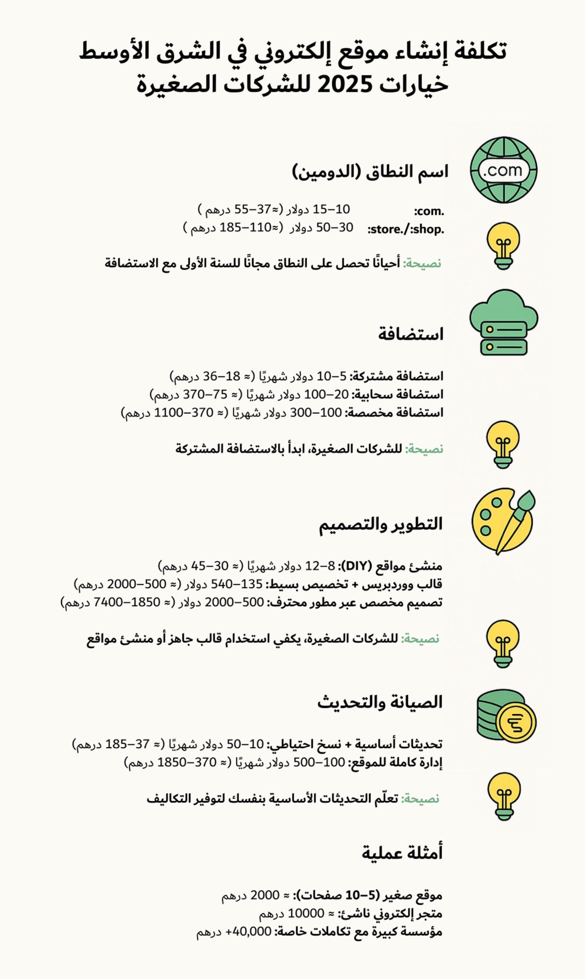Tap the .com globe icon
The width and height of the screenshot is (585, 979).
coord(504,170)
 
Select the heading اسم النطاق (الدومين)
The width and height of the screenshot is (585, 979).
coord(370,172)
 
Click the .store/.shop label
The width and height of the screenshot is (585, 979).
coord(406,229)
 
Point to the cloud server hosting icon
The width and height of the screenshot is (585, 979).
coord(504,322)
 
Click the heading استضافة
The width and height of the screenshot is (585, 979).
coord(411,334)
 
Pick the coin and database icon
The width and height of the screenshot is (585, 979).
coord(506,720)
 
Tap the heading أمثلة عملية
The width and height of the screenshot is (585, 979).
coord(402,853)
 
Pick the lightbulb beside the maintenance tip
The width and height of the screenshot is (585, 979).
coord(504,796)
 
